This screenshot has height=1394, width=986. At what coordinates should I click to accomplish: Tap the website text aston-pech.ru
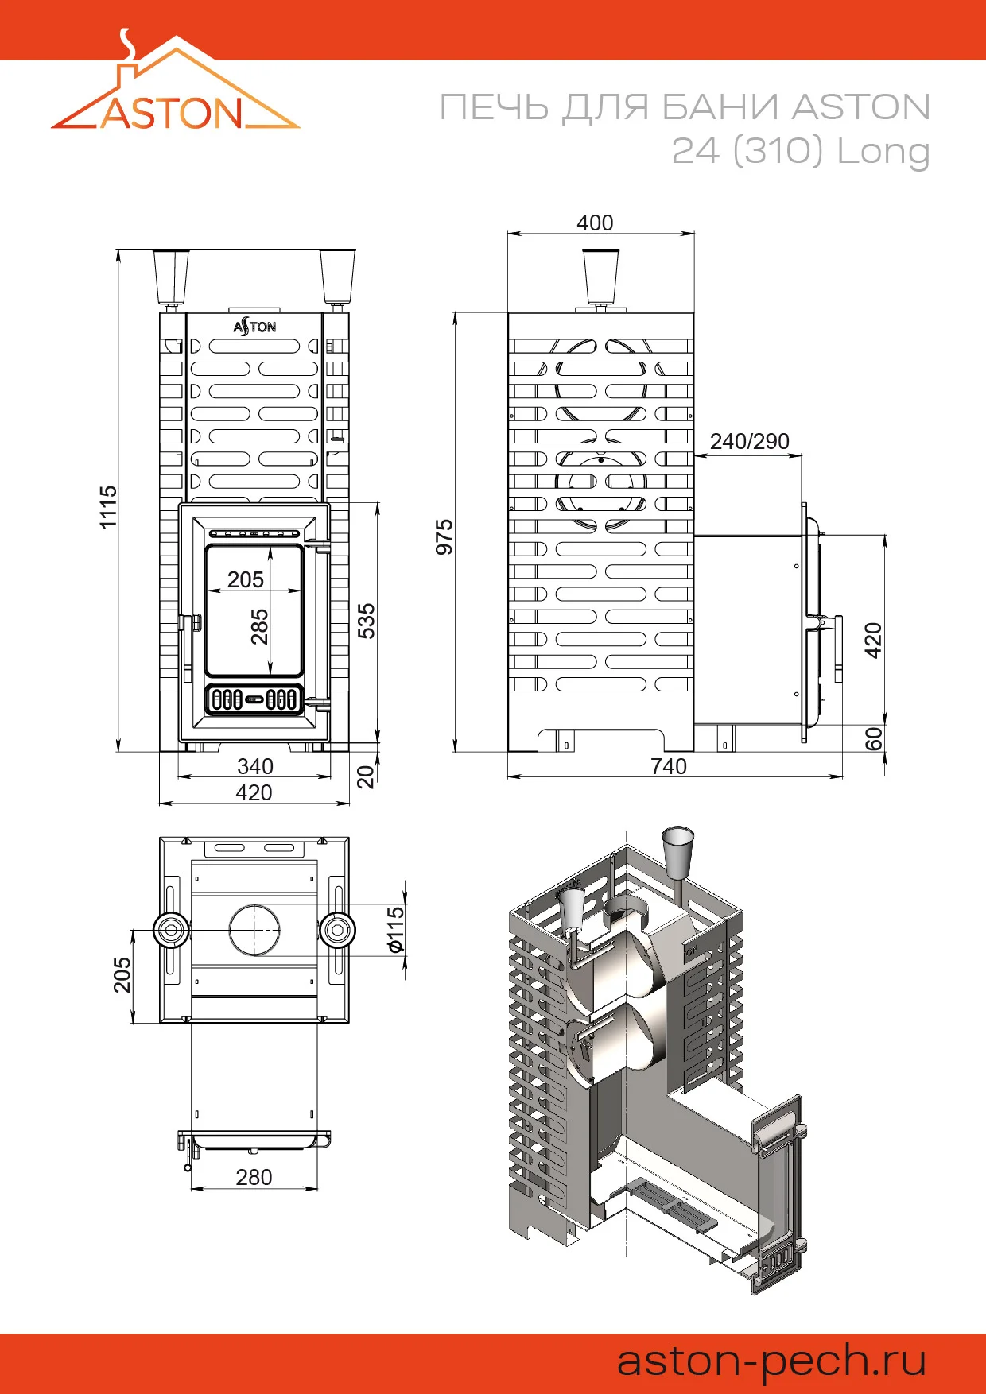pyautogui.click(x=771, y=1361)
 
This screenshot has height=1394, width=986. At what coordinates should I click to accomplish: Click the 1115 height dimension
pyautogui.click(x=108, y=507)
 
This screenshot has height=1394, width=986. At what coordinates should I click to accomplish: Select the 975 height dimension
pyautogui.click(x=444, y=537)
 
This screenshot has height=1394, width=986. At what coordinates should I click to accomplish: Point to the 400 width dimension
pyautogui.click(x=595, y=223)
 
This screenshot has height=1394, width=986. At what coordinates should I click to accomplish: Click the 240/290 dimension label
pyautogui.click(x=749, y=441)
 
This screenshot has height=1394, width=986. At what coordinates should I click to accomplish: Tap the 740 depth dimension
pyautogui.click(x=668, y=766)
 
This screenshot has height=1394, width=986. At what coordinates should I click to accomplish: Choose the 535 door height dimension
pyautogui.click(x=366, y=621)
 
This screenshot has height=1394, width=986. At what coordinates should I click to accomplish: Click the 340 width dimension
pyautogui.click(x=254, y=766)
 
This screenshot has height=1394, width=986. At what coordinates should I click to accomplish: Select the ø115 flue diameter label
pyautogui.click(x=395, y=930)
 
